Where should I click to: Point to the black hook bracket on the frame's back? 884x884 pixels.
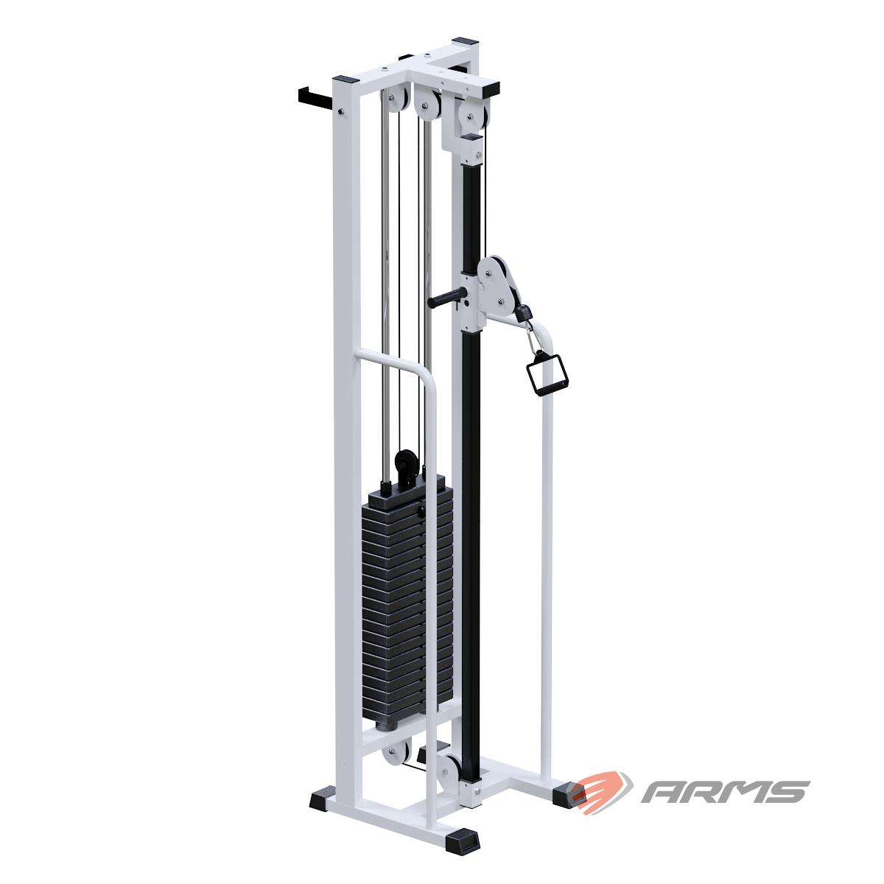pos(315,96)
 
